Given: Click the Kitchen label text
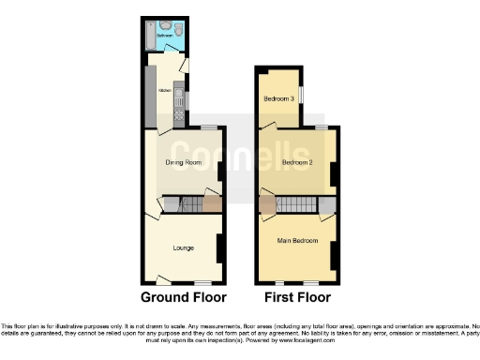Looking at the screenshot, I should (165, 91).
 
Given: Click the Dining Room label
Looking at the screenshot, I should (184, 162).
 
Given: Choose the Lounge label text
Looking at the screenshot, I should (184, 247).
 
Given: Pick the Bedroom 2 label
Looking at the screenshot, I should (297, 162).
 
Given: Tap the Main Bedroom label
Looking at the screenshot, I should (296, 239).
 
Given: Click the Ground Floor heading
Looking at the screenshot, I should (184, 298).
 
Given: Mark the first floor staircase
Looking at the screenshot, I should (297, 205).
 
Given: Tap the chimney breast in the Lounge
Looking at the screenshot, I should (219, 247).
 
